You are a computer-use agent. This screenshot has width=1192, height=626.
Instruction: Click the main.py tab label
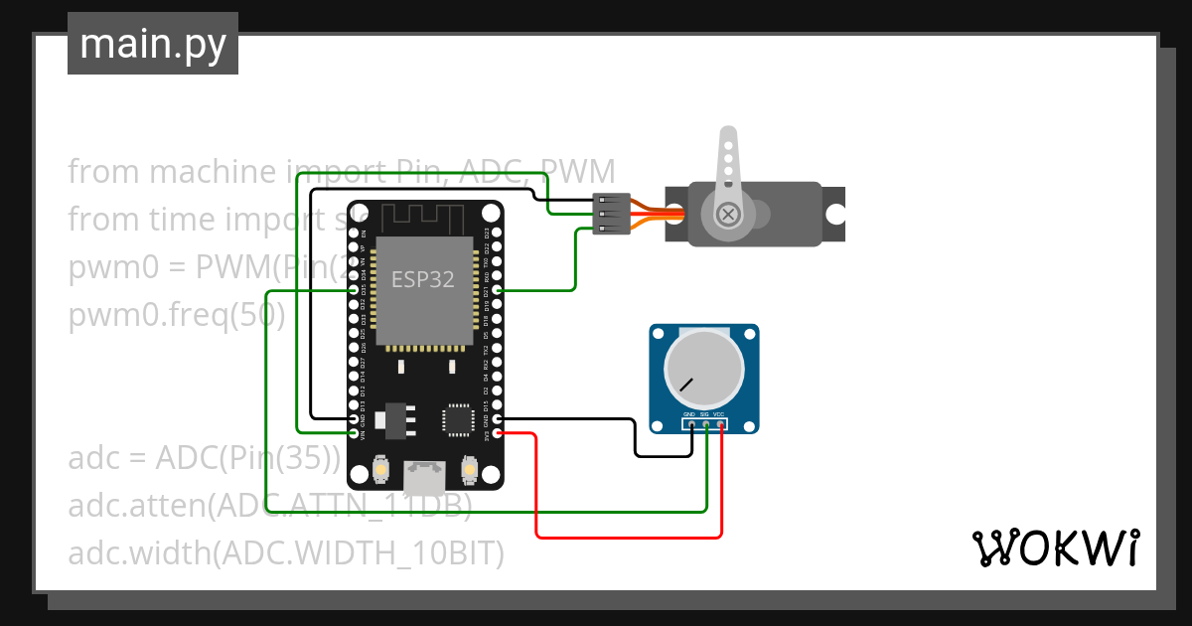(152, 44)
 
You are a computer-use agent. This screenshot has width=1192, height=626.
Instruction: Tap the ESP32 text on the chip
(422, 279)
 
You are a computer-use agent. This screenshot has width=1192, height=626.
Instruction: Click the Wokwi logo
(1054, 548)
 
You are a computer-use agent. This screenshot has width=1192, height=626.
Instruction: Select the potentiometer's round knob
(703, 368)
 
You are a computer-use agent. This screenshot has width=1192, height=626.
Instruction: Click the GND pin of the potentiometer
(691, 425)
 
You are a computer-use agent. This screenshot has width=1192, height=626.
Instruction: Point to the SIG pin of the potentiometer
(705, 425)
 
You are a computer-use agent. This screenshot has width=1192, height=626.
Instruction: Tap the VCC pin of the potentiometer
(720, 425)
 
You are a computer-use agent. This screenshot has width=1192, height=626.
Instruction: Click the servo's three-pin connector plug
(608, 214)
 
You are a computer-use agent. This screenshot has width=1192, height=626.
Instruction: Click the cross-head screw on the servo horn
(730, 214)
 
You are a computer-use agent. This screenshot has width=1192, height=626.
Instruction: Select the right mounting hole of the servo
(835, 214)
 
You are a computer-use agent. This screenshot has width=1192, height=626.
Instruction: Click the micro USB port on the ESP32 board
(423, 478)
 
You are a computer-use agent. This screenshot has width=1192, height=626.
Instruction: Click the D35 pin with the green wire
(356, 290)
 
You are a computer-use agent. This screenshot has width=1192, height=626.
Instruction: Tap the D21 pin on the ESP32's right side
(498, 290)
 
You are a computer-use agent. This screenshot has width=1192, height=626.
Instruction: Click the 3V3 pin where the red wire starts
(498, 433)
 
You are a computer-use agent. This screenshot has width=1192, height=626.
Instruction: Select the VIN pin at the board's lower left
(356, 433)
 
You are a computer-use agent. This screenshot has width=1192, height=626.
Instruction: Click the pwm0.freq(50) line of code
(177, 316)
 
